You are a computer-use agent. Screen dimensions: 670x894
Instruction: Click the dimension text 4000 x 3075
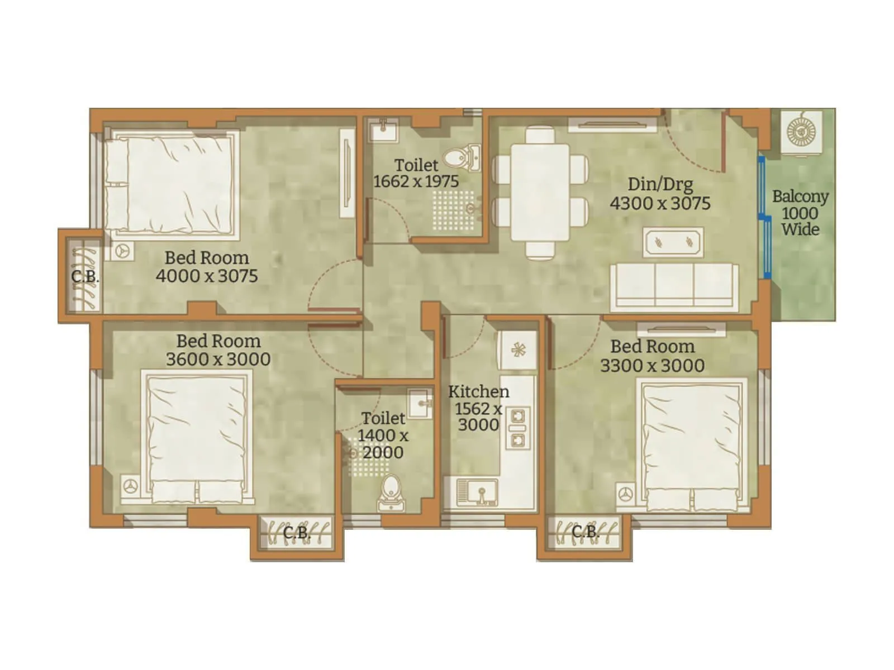[207, 276]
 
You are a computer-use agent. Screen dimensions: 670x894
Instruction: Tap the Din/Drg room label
[660, 184]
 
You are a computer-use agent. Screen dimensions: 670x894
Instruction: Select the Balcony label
[800, 197]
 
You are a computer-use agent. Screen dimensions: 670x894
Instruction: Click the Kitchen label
[479, 391]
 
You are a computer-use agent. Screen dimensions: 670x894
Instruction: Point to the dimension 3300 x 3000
[652, 366]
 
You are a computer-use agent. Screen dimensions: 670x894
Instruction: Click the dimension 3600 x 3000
[218, 359]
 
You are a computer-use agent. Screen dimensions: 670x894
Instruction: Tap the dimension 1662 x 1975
[416, 181]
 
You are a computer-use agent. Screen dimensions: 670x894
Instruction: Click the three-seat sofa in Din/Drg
[674, 286]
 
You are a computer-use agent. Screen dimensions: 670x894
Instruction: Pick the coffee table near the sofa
[673, 242]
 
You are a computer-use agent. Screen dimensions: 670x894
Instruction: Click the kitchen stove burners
[517, 427]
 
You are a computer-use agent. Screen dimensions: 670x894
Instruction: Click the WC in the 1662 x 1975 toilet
[463, 156]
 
